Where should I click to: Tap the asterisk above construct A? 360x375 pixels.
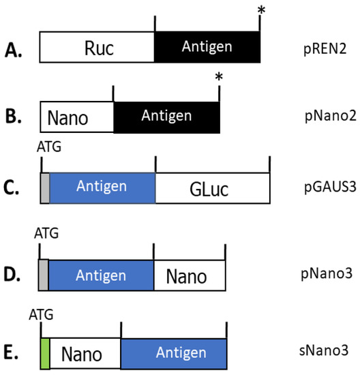pyautogui.click(x=260, y=10)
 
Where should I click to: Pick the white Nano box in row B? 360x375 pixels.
pyautogui.click(x=76, y=117)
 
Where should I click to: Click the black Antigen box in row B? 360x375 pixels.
pyautogui.click(x=166, y=117)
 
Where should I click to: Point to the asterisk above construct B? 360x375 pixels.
pyautogui.click(x=218, y=78)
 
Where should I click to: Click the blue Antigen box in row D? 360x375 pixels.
pyautogui.click(x=101, y=275)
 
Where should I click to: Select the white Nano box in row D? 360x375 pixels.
pyautogui.click(x=189, y=275)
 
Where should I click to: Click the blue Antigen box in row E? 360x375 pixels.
pyautogui.click(x=173, y=352)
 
